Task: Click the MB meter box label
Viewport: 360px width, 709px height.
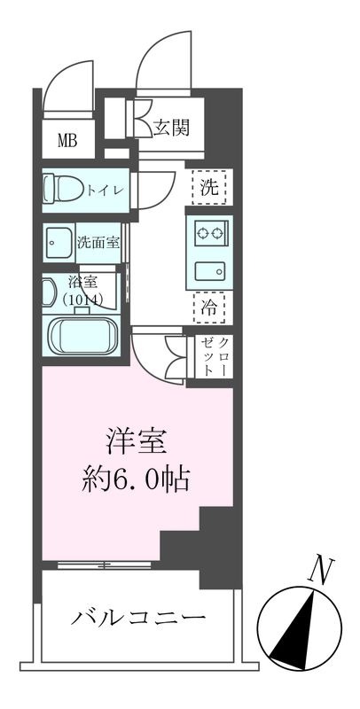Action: (67, 138)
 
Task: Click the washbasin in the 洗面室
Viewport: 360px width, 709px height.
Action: (58, 240)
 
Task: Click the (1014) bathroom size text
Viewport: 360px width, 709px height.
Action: (84, 300)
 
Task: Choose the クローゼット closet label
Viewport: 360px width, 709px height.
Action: (216, 357)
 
